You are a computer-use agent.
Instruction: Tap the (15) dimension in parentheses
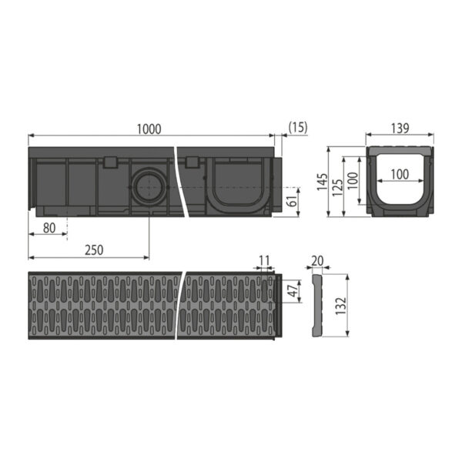pyautogui.click(x=298, y=129)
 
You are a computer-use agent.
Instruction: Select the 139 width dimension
pyautogui.click(x=400, y=129)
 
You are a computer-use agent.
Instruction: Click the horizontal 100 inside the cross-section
pyautogui.click(x=400, y=175)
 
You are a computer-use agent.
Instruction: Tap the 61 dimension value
pyautogui.click(x=291, y=203)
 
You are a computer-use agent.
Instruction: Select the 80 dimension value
pyautogui.click(x=49, y=227)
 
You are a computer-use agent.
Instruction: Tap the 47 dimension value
pyautogui.click(x=291, y=290)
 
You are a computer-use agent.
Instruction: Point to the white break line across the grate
pyautogui.click(x=183, y=304)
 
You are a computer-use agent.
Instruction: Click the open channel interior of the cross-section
pyautogui.click(x=400, y=192)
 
